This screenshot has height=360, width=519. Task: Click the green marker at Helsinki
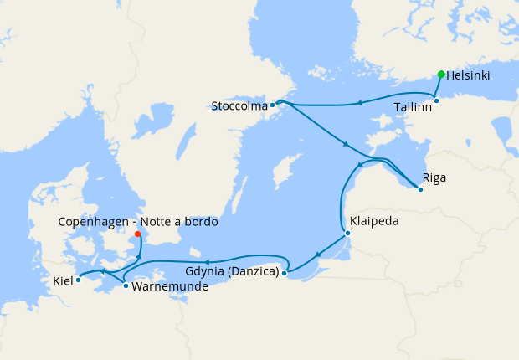(441, 75)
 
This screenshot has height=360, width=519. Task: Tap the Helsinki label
(469, 75)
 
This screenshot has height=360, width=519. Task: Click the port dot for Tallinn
(436, 100)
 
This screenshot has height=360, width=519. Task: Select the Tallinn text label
(413, 107)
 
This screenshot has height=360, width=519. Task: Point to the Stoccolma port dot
(273, 105)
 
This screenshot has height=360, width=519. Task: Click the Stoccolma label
(240, 106)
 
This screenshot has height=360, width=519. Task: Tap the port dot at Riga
(420, 189)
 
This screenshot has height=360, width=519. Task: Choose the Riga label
(434, 177)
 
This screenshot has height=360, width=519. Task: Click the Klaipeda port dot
(347, 233)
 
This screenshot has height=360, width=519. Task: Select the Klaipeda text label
(375, 222)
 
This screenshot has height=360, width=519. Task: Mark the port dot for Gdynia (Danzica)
(285, 273)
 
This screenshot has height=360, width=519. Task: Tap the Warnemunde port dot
(126, 286)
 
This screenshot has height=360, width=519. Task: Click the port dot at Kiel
(78, 280)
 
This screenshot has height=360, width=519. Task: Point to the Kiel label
(63, 280)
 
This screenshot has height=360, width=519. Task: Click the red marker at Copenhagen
(139, 234)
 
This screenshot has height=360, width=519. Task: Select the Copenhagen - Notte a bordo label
(138, 222)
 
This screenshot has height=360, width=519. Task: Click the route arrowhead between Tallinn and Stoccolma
(358, 103)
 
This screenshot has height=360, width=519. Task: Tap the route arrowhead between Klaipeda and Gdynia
(317, 254)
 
